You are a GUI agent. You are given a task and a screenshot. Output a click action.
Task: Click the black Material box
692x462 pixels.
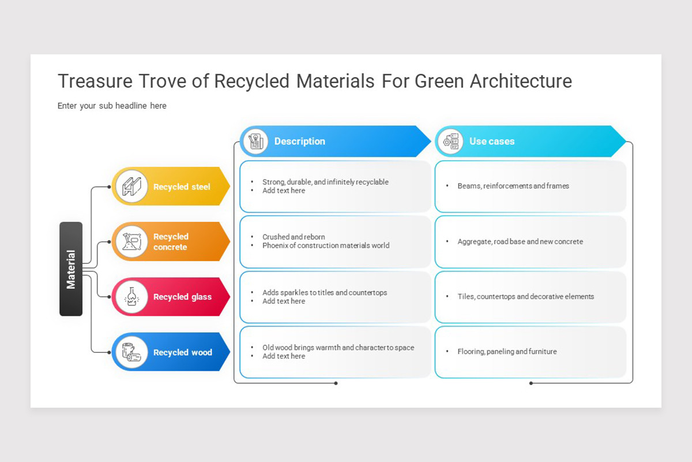pos(71,269)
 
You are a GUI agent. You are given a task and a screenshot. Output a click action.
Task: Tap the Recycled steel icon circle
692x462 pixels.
pos(132,187)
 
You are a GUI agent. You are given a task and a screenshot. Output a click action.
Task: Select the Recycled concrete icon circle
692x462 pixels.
pos(132,241)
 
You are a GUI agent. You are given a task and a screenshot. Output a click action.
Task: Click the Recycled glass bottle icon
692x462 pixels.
pos(132,297)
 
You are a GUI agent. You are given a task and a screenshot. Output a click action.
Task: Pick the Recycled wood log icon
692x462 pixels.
pos(132,352)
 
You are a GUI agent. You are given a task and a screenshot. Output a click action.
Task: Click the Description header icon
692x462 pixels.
pos(255,141)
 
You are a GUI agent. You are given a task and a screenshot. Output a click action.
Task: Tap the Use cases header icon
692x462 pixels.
pos(450,141)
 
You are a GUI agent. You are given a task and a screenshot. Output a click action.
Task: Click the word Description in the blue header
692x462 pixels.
pos(299,141)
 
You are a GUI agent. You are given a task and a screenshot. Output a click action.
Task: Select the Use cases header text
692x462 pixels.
pos(491,141)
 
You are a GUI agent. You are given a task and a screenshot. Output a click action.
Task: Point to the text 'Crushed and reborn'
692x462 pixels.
pos(294,237)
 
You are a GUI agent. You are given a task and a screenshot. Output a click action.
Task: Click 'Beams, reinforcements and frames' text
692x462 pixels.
pos(513,186)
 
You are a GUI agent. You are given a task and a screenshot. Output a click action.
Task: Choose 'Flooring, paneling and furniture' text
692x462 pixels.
pos(507,351)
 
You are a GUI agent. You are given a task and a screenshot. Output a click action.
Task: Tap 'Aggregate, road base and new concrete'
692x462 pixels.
pos(520,241)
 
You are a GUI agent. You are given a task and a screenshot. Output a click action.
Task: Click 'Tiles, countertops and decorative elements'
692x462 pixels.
pos(525,296)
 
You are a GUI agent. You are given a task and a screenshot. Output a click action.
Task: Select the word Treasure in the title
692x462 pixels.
pos(93,81)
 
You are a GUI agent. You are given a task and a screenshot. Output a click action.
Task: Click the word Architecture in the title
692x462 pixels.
pos(521,81)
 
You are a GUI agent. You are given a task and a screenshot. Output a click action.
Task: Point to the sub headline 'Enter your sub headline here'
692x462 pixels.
pos(112,106)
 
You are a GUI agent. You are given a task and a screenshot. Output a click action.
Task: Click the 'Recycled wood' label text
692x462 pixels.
pos(182,352)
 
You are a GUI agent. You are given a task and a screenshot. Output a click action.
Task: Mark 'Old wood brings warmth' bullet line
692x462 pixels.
pos(338,348)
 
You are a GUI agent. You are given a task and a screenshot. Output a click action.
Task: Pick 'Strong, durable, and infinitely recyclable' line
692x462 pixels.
pos(325,182)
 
